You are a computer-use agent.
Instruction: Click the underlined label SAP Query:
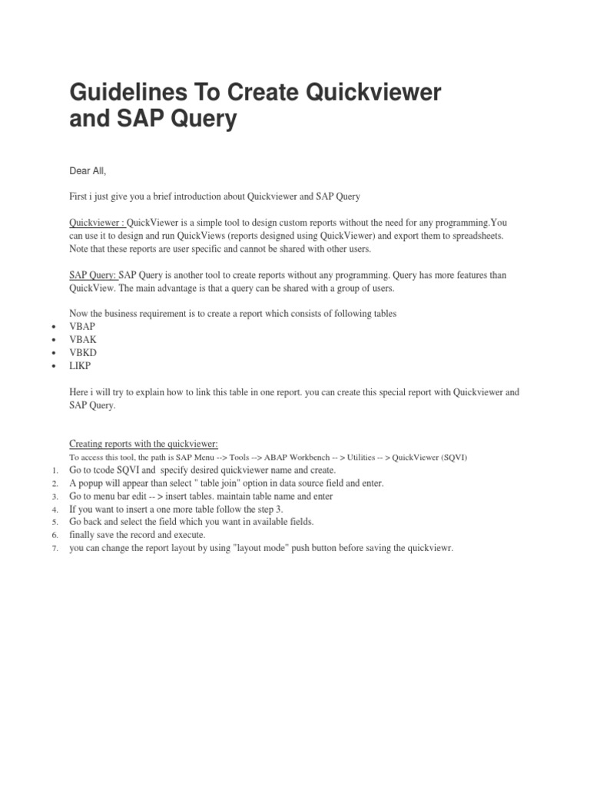pos(92,275)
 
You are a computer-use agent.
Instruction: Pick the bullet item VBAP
pos(83,326)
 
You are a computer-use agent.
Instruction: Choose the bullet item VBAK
pos(83,339)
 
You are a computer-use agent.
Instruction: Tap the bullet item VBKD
pos(83,352)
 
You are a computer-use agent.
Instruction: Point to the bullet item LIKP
pos(81,365)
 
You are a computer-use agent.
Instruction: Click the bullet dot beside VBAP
pos(53,327)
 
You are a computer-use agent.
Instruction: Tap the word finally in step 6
pos(84,535)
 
